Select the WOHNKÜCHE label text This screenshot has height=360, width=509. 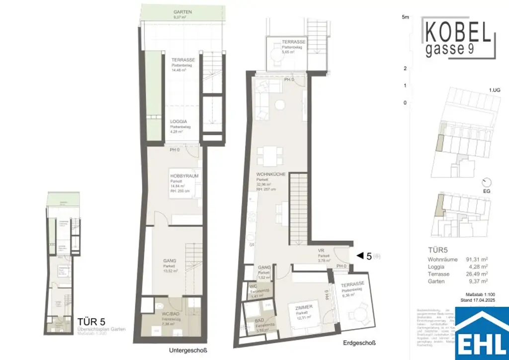click(x=267, y=174)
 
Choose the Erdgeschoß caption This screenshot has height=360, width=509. click(x=359, y=343)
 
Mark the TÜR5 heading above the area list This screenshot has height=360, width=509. click(x=439, y=250)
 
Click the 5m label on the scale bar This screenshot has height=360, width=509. click(x=405, y=17)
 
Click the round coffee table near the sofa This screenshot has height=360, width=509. click(x=281, y=105)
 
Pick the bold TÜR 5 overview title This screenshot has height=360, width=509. click(x=91, y=322)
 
